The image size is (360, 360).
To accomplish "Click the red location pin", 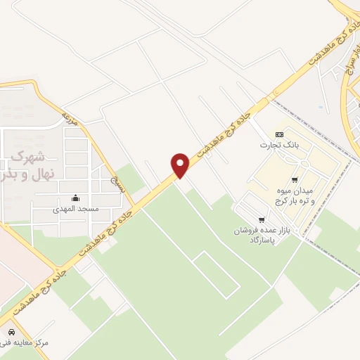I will (x=181, y=164).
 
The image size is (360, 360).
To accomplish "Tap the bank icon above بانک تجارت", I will (x=279, y=134).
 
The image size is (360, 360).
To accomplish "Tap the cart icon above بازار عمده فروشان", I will (x=262, y=220).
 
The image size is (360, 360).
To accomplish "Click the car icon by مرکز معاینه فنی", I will (x=11, y=331).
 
